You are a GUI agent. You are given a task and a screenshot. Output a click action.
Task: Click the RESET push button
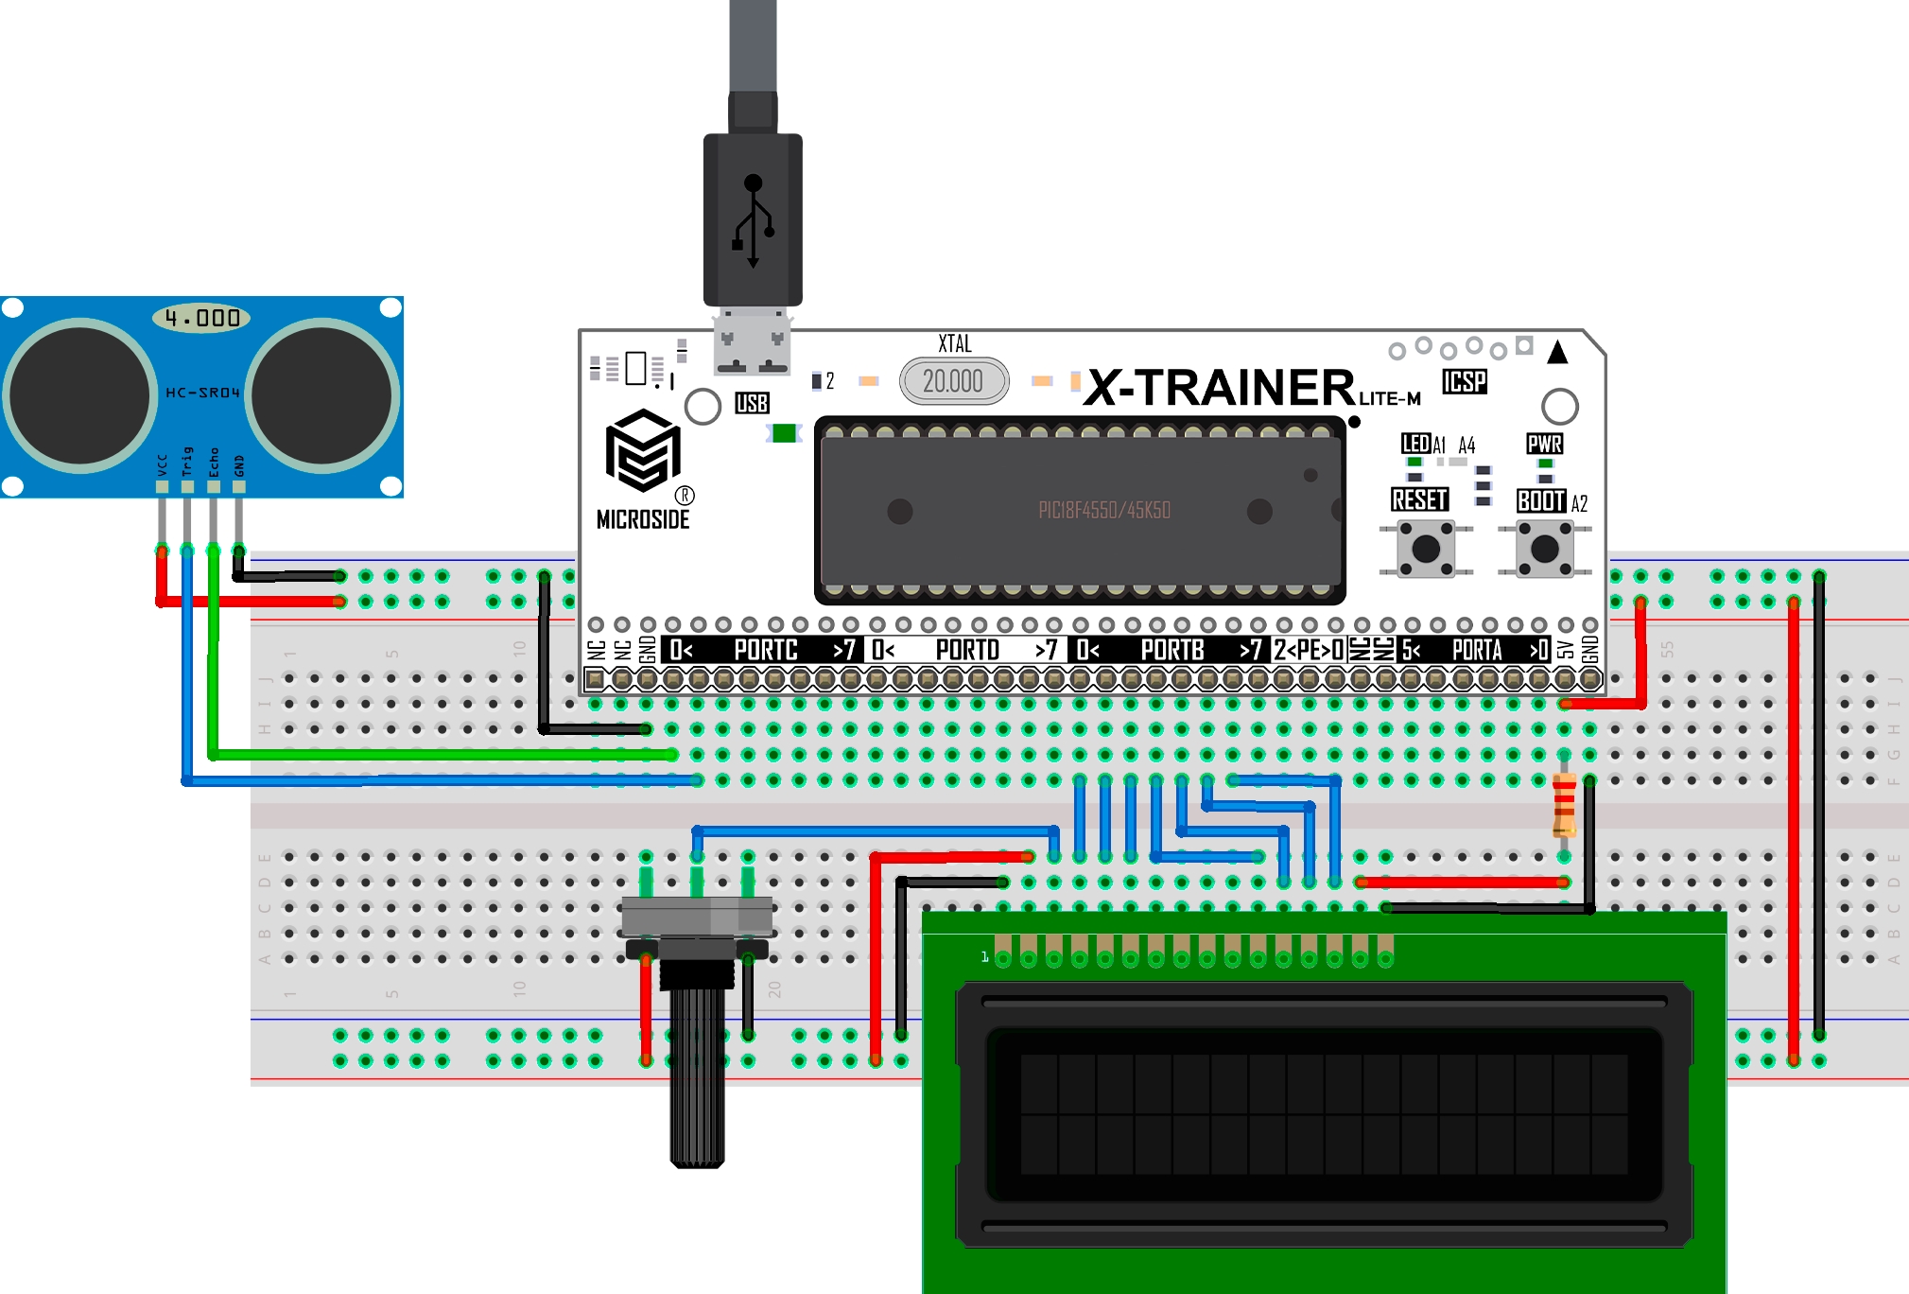[1425, 549]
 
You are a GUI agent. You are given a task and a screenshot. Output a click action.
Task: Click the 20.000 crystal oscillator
[953, 381]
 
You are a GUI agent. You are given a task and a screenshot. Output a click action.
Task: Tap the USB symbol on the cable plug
[753, 220]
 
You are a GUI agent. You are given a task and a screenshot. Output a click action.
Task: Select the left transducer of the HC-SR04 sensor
[80, 395]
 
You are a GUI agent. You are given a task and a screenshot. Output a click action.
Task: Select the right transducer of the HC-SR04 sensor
[322, 395]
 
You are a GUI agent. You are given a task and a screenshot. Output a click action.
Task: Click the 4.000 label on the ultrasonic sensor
[201, 318]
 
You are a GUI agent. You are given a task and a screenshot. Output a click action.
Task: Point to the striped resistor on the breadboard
[1564, 805]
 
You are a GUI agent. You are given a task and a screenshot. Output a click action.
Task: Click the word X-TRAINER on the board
[1220, 387]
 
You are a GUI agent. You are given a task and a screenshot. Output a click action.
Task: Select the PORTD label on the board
[967, 650]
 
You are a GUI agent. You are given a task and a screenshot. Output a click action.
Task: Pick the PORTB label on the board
[1172, 650]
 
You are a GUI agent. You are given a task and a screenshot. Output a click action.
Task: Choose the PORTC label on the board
[766, 650]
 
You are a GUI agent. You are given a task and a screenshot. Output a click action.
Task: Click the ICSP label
[1464, 381]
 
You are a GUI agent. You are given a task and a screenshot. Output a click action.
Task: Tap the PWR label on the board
[1544, 444]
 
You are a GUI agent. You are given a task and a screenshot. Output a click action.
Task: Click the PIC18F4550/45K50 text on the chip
[1103, 511]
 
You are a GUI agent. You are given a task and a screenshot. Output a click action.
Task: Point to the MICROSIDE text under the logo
[643, 519]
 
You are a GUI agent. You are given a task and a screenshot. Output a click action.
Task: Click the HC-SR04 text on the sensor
[202, 393]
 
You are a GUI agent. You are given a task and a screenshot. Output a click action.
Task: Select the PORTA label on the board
[1477, 650]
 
